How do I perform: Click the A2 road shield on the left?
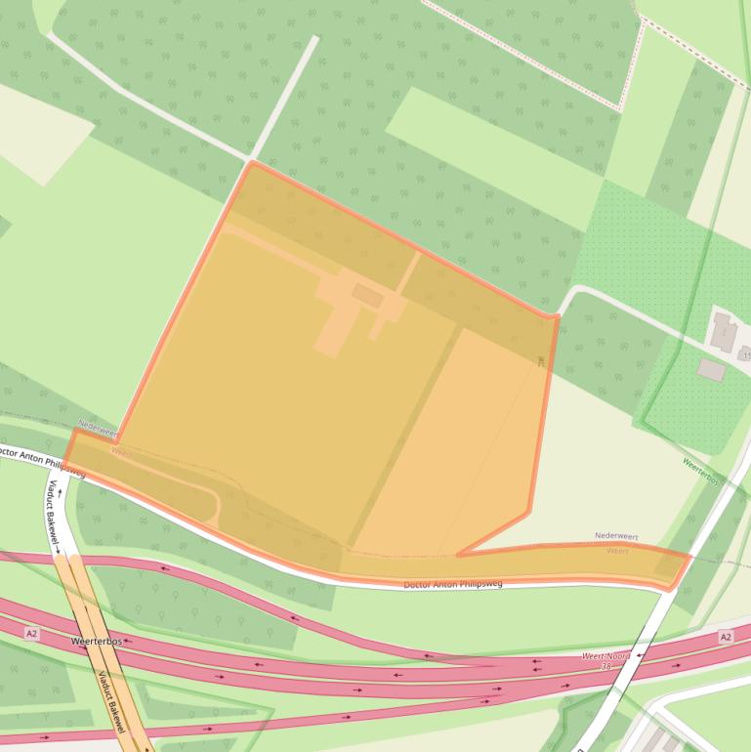click(32, 634)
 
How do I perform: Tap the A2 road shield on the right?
click(725, 637)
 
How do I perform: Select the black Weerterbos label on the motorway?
click(97, 641)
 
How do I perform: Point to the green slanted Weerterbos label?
click(701, 472)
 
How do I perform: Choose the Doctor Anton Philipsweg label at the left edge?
click(39, 460)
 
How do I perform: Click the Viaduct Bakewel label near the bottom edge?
click(115, 705)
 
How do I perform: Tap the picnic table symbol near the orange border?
click(540, 361)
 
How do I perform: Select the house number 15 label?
click(746, 355)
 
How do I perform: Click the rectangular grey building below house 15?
click(711, 370)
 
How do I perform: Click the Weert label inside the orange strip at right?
click(618, 551)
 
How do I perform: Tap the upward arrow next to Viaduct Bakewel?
click(60, 493)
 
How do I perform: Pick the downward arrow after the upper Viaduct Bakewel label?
click(57, 552)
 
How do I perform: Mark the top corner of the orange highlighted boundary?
click(251, 162)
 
